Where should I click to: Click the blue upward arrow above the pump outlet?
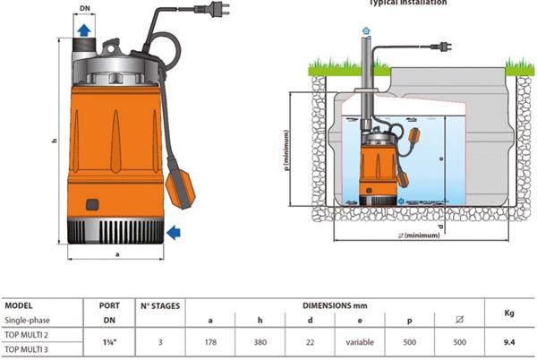tap(83, 30)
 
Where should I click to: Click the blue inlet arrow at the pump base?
tap(173, 232)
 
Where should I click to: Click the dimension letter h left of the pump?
tap(55, 141)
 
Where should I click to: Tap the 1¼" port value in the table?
tap(108, 340)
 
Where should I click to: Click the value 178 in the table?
tap(209, 340)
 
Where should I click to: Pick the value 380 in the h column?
tap(259, 340)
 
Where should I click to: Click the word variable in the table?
tap(359, 340)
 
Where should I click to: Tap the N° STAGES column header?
tap(158, 305)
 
